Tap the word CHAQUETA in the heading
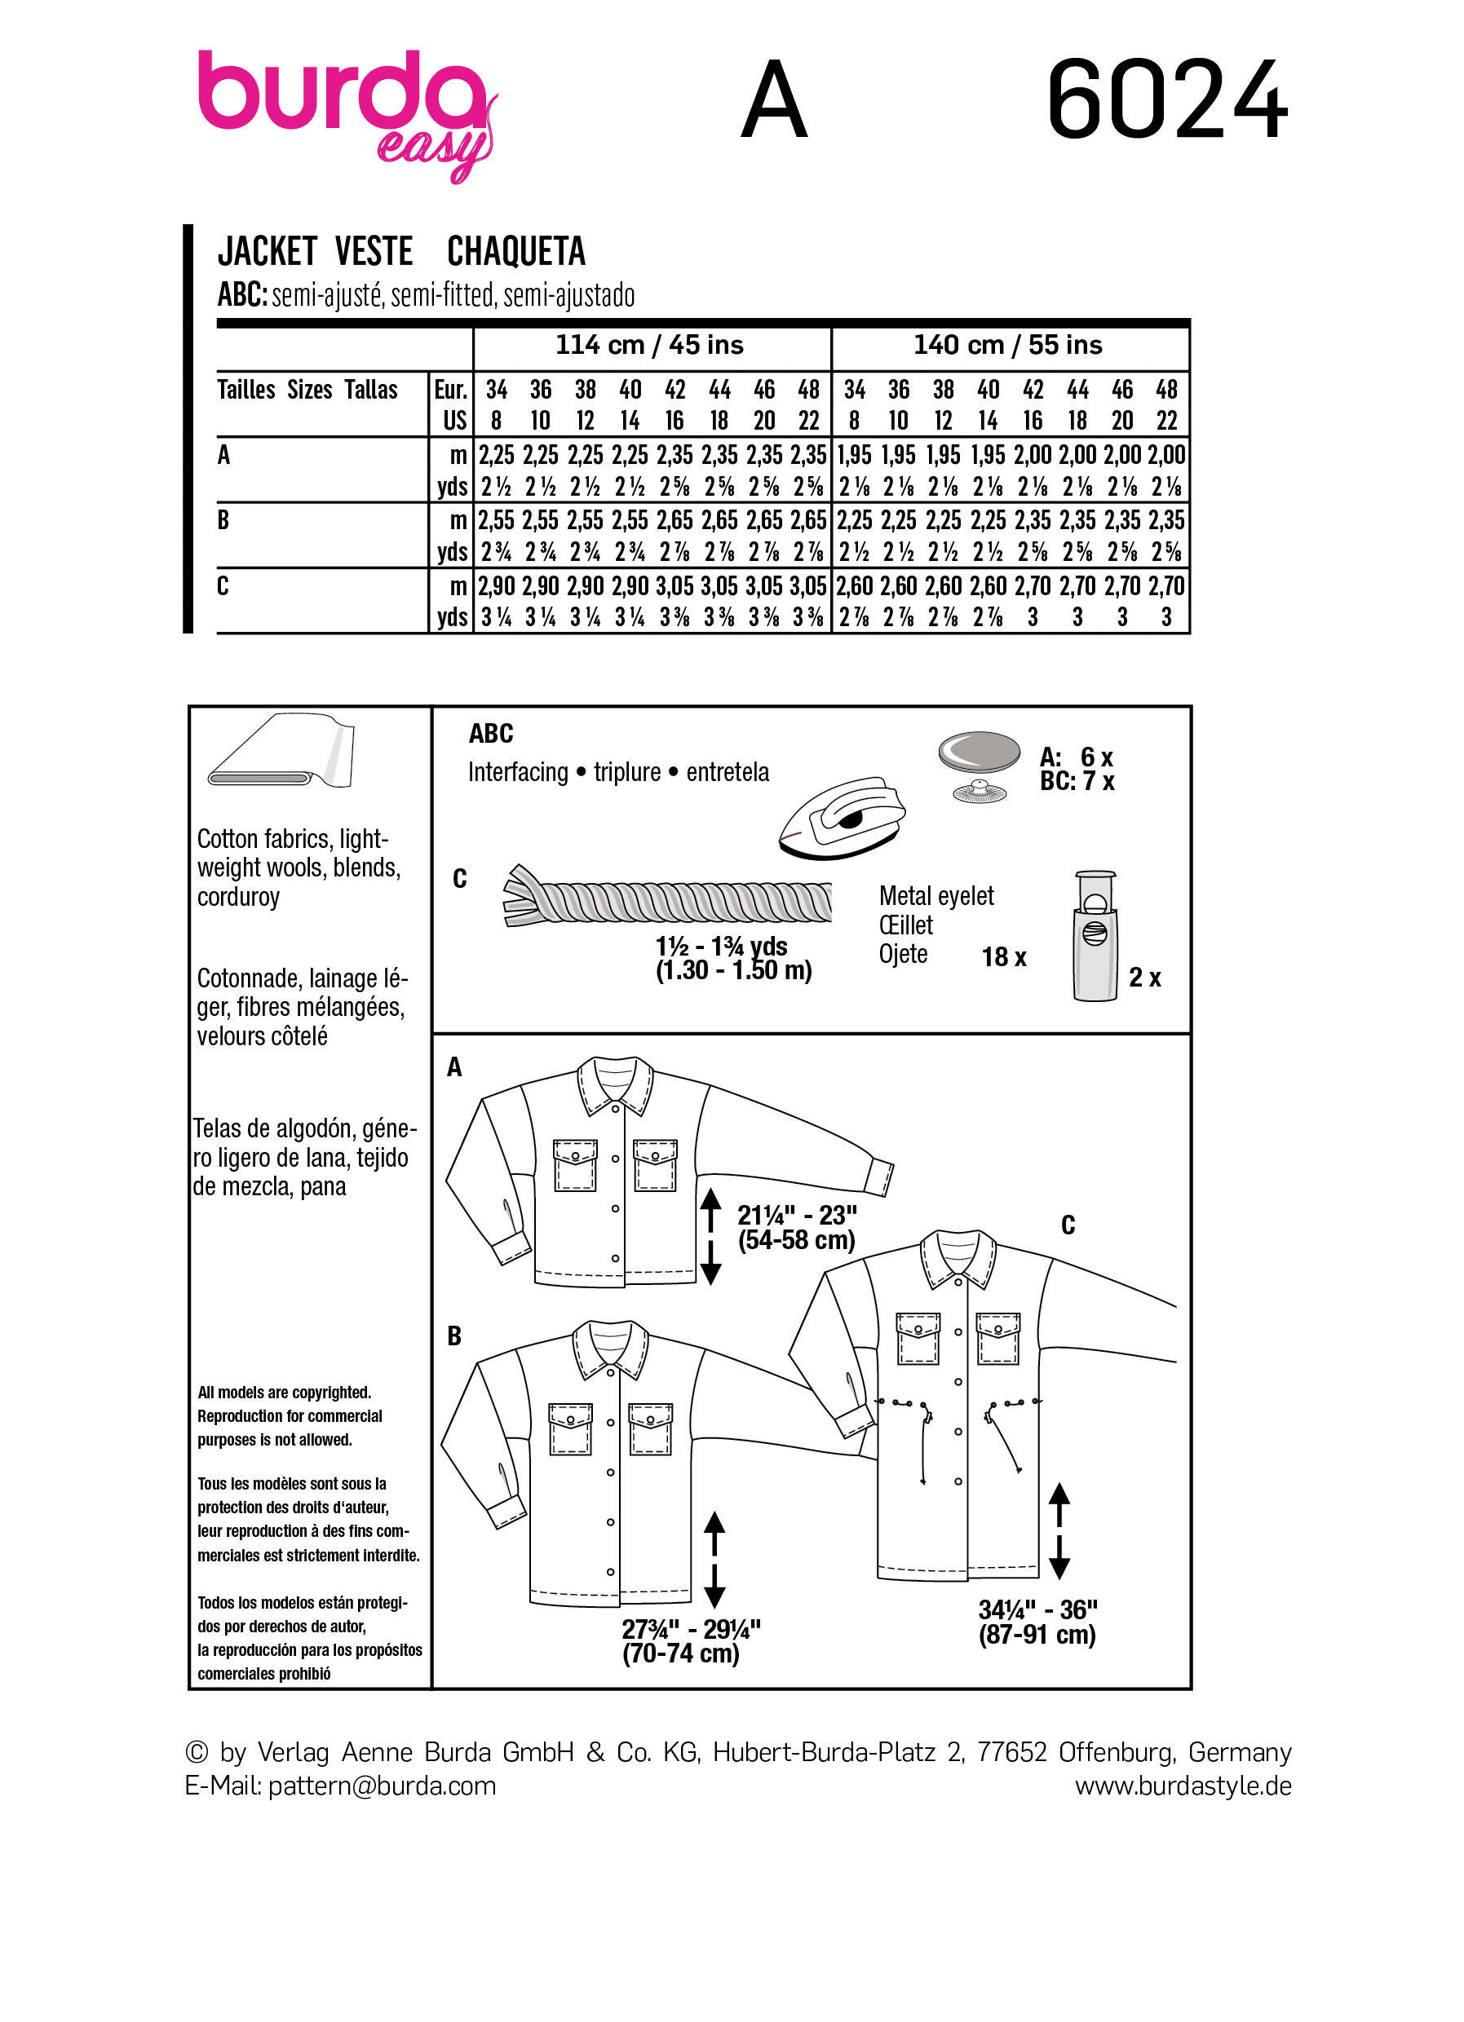point(515,251)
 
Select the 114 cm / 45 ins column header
point(649,345)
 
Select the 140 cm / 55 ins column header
point(1007,345)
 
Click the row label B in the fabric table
point(223,519)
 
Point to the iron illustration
point(842,819)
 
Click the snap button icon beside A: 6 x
point(980,766)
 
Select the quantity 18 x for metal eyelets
point(1004,957)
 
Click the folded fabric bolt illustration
point(281,752)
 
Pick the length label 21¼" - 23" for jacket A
point(796,1227)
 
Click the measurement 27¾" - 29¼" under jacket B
point(690,1641)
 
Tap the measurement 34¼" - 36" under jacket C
point(1037,1622)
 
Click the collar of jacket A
point(615,1084)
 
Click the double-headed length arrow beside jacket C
point(1059,1530)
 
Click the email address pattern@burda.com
point(382,1786)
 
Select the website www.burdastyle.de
point(1183,1786)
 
